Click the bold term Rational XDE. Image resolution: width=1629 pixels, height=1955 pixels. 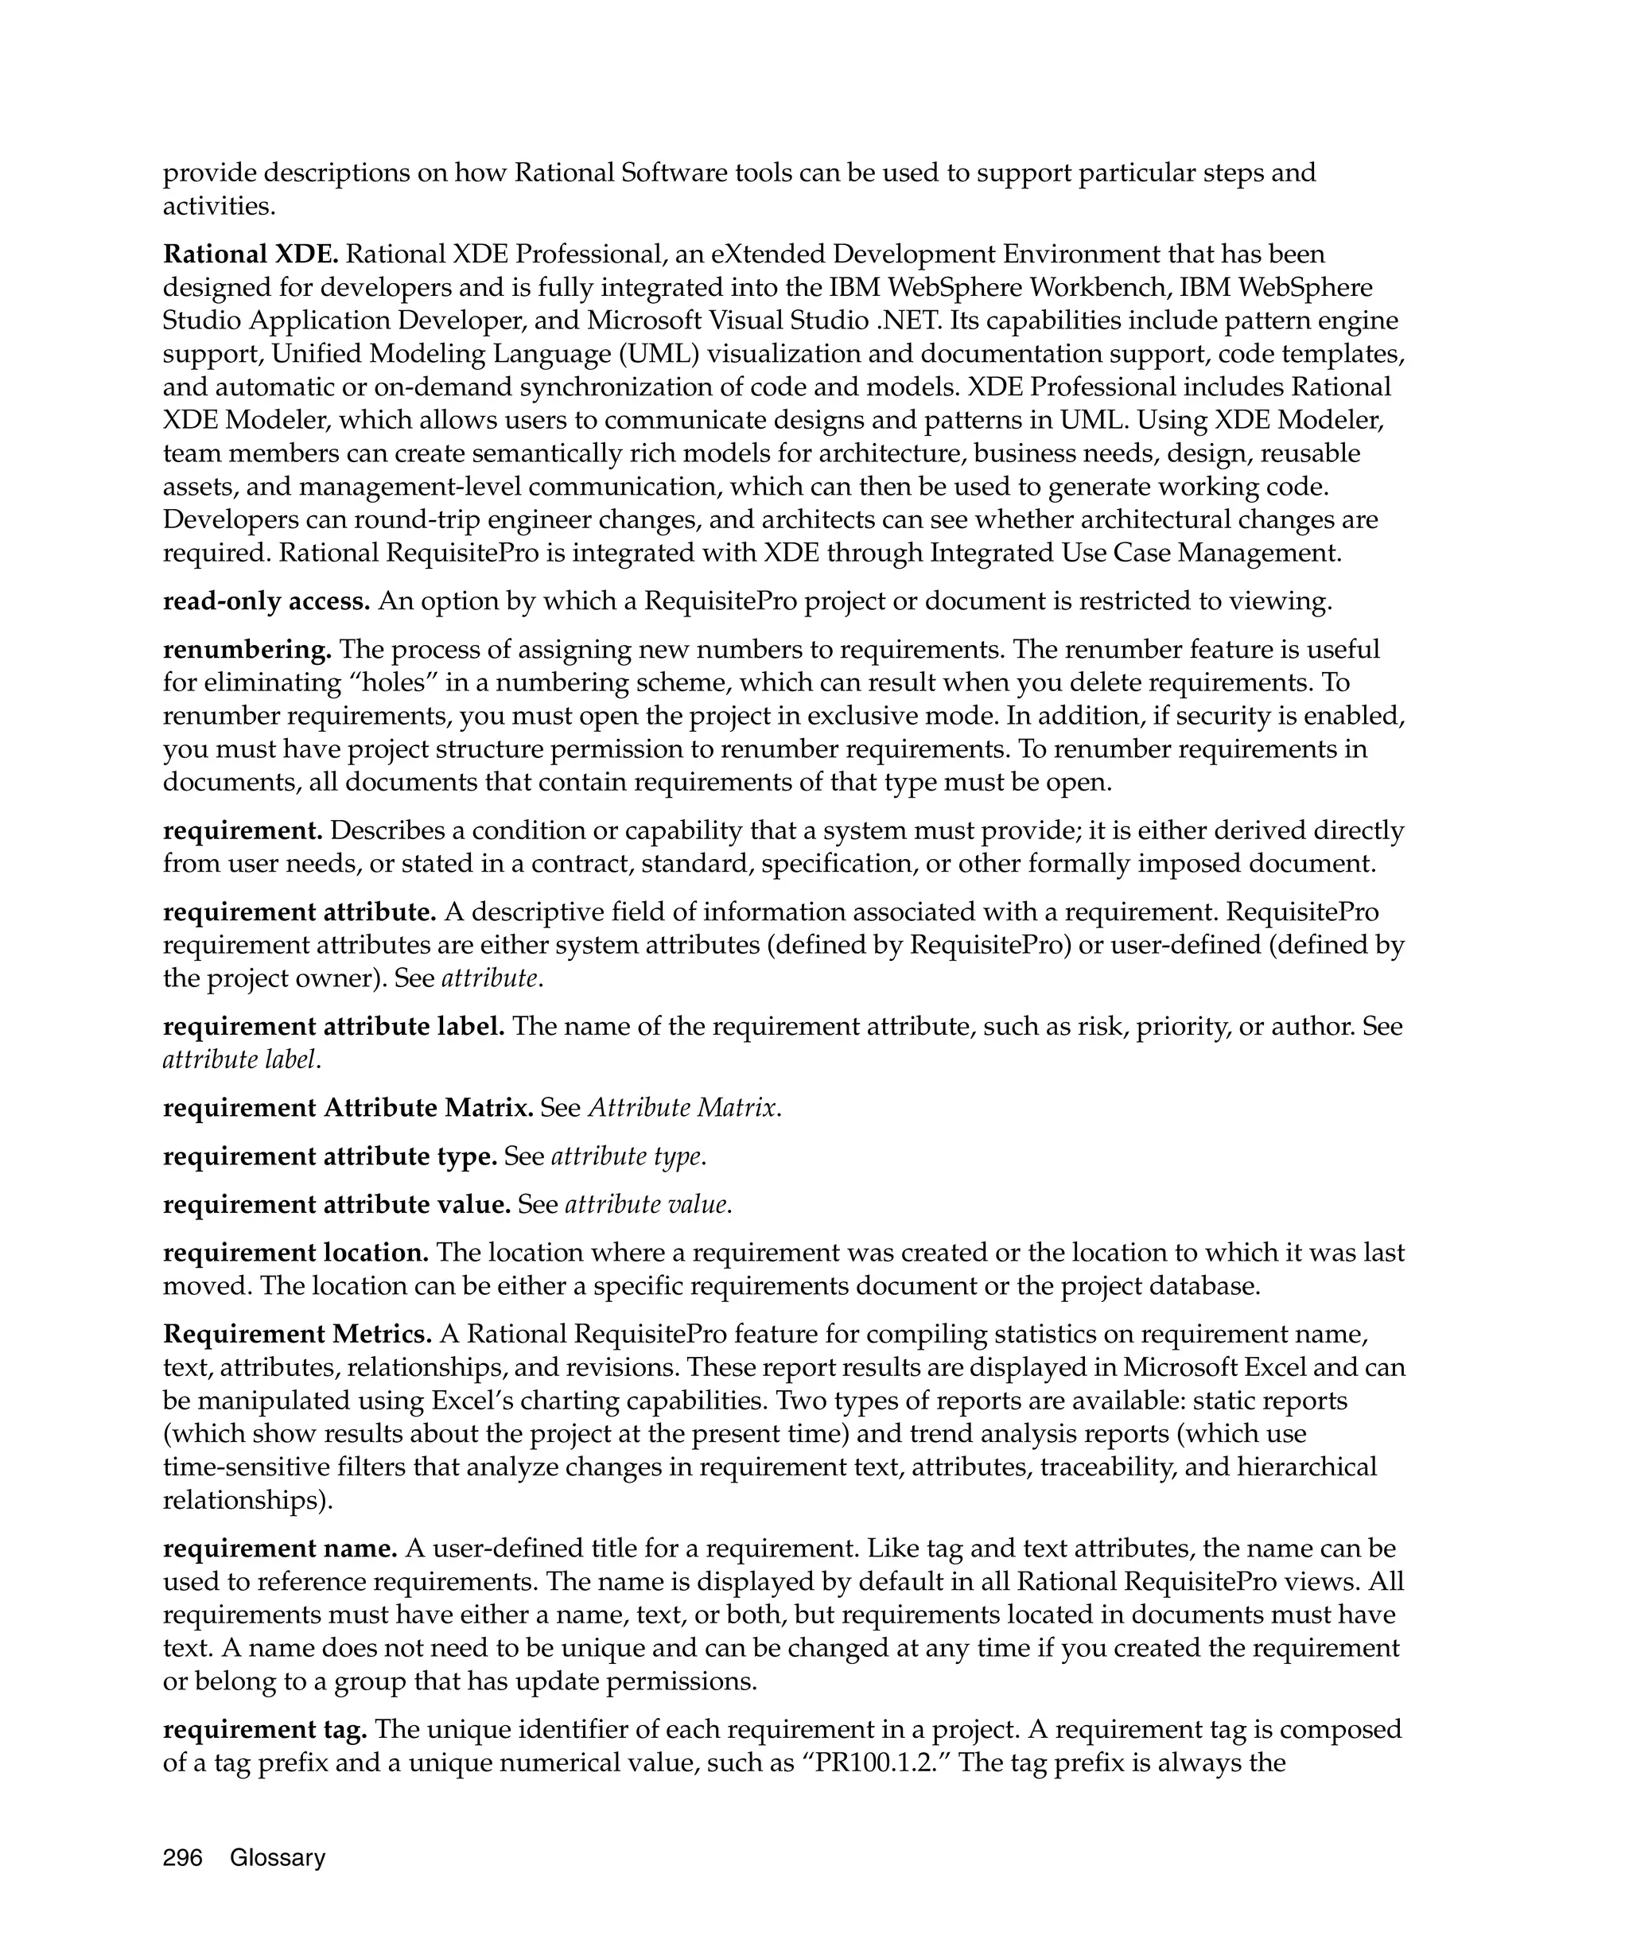point(251,255)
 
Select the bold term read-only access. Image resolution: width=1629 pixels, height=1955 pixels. point(266,601)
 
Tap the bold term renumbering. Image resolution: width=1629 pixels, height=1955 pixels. point(247,649)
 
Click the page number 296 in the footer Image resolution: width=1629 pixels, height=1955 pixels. point(182,1857)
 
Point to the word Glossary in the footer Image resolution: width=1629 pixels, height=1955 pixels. point(278,1857)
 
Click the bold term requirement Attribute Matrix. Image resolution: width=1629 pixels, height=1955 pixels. point(348,1108)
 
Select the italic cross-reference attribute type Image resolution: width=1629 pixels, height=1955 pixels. point(628,1156)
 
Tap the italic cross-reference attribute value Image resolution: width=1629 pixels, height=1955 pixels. point(647,1205)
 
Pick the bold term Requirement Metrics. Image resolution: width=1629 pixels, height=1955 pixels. point(297,1334)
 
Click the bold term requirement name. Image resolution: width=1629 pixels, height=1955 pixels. point(280,1549)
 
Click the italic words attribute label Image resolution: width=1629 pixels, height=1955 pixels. point(241,1059)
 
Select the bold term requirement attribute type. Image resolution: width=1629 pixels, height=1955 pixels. point(329,1156)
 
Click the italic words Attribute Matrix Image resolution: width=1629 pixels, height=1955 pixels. point(683,1108)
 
